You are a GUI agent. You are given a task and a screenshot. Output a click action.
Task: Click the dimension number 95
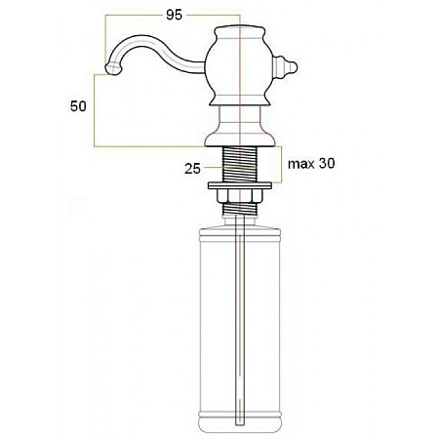(174, 15)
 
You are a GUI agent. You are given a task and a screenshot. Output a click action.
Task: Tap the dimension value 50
(78, 106)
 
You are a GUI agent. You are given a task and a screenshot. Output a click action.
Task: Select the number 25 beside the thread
(192, 169)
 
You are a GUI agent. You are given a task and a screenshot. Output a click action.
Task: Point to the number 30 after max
(327, 163)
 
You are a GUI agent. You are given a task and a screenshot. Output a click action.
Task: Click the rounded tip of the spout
(112, 69)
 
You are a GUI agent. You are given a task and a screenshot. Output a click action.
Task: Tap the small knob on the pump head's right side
(285, 67)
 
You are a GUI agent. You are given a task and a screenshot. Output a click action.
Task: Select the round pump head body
(239, 65)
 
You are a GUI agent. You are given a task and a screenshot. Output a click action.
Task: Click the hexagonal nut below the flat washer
(239, 195)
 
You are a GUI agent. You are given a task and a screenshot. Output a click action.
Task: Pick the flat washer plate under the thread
(240, 185)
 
